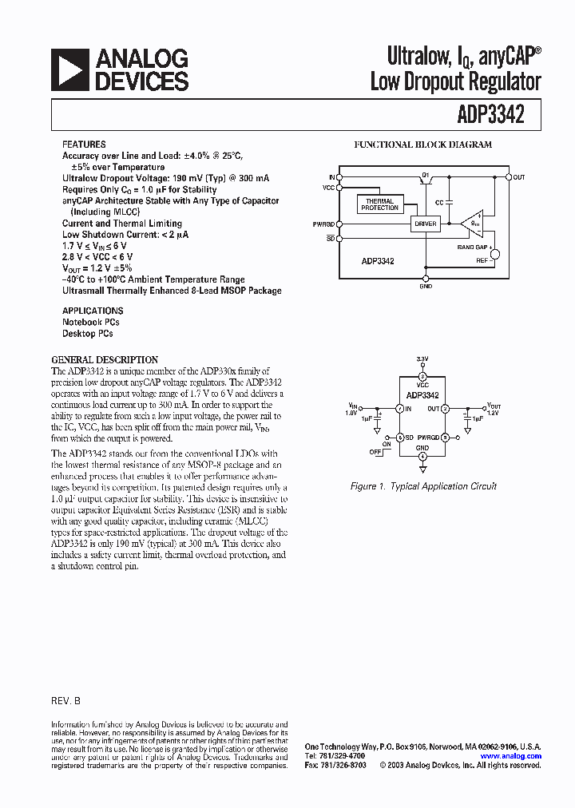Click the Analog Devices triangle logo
(69, 70)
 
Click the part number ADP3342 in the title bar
(492, 115)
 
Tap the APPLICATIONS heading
(93, 311)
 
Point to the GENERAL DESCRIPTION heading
(105, 359)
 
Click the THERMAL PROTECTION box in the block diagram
(379, 204)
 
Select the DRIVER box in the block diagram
(426, 224)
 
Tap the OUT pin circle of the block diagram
(508, 176)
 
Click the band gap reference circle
(494, 254)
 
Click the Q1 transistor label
(425, 173)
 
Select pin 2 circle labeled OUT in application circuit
(445, 409)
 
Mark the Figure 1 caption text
(423, 486)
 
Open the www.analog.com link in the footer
(510, 755)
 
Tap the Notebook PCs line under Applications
(91, 322)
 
